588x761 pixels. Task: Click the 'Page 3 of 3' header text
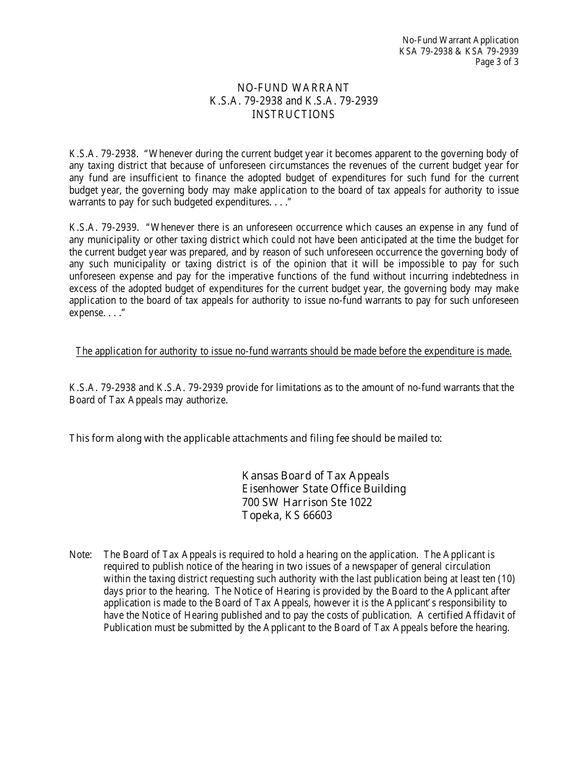[496, 62]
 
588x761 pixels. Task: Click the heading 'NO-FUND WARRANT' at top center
[293, 88]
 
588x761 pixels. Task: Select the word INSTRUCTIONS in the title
[293, 114]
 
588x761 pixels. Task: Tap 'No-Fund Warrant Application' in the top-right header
[460, 40]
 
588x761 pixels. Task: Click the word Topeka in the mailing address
[261, 515]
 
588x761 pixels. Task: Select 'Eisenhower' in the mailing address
[269, 489]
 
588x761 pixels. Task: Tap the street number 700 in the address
[250, 502]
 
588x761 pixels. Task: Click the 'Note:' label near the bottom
[80, 554]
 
